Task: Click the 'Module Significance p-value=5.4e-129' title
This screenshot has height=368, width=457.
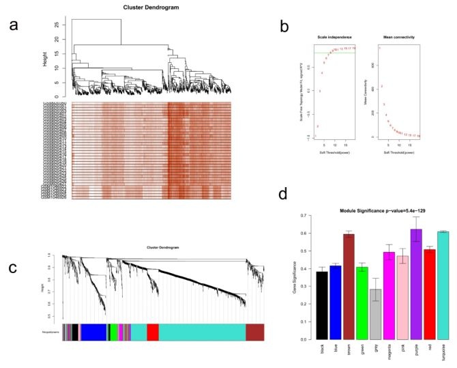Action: pyautogui.click(x=369, y=206)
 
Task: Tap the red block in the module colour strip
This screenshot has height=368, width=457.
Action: pyautogui.click(x=153, y=332)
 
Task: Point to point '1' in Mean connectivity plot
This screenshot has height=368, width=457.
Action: pyautogui.click(x=379, y=48)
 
